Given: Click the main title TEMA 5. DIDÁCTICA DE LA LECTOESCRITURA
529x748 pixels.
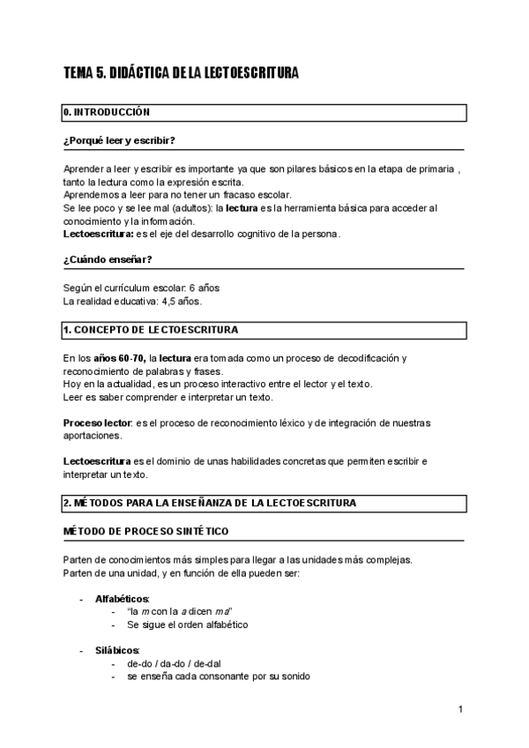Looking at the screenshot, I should click(181, 73).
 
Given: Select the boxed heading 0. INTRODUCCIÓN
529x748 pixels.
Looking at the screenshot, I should click(107, 113).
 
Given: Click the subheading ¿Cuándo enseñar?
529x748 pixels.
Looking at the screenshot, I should click(108, 259).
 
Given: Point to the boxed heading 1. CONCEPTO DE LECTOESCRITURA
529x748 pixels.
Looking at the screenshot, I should click(151, 330).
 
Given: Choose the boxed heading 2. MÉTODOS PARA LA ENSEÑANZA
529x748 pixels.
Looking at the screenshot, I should click(209, 503).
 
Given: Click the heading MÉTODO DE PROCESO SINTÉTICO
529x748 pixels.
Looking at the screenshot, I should click(146, 531).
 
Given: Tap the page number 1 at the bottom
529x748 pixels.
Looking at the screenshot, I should click(460, 709).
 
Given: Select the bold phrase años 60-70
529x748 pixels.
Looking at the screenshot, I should click(119, 358).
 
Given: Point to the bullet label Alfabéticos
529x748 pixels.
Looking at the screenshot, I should click(123, 599).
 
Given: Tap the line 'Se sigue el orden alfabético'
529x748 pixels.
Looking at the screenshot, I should click(188, 625).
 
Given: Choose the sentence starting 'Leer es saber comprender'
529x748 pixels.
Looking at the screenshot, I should click(156, 397).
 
